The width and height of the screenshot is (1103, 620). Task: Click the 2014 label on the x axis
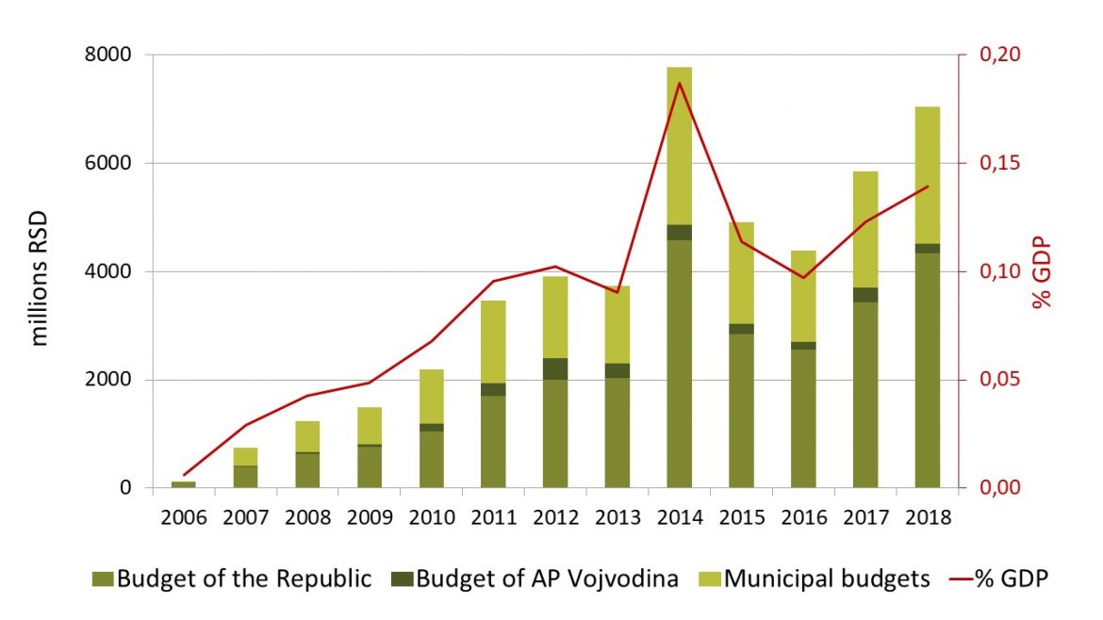(680, 517)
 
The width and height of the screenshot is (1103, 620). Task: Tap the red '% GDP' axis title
(1040, 273)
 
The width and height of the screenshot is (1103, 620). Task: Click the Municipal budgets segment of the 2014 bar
(680, 146)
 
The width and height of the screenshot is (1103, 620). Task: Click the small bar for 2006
(184, 484)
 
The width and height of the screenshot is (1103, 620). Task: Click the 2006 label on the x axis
(184, 517)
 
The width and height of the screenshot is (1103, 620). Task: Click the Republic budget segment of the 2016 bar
(803, 418)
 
